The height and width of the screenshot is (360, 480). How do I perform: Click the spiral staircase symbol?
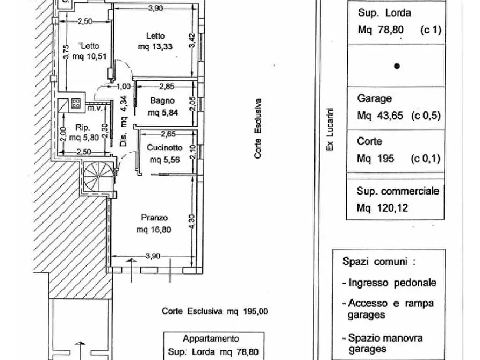[x=97, y=176]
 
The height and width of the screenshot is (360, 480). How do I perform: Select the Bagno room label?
[x=161, y=100]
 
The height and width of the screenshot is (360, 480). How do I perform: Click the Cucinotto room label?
[x=164, y=148]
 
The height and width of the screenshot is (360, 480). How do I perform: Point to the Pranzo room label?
[x=155, y=218]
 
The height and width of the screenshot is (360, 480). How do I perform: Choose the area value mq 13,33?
[x=155, y=47]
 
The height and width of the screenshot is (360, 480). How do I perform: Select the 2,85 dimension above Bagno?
[x=166, y=86]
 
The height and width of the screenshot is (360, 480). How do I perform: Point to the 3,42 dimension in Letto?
[x=193, y=41]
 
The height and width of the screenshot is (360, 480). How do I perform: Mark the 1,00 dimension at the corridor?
[x=124, y=86]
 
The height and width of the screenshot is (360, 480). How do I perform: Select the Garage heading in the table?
[x=374, y=99]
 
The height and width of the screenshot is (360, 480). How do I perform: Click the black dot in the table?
[x=396, y=67]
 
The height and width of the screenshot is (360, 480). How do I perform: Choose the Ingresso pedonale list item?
[x=392, y=283]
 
